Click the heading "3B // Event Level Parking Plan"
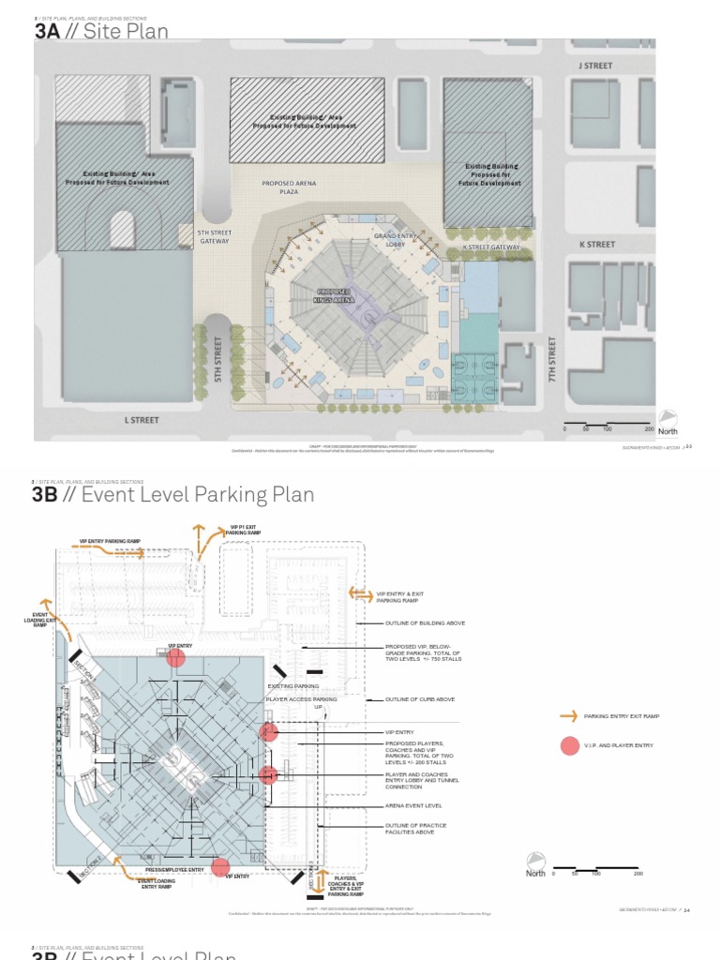click(173, 494)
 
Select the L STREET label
click(142, 420)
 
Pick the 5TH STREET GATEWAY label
click(214, 236)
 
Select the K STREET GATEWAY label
click(491, 247)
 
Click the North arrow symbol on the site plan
click(668, 418)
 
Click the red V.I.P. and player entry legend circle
click(569, 745)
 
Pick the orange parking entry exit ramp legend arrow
click(568, 716)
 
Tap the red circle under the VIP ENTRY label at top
click(175, 658)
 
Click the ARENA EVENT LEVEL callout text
click(413, 805)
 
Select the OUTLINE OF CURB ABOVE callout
click(419, 699)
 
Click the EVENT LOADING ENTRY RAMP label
click(157, 883)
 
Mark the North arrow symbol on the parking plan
click(535, 862)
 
